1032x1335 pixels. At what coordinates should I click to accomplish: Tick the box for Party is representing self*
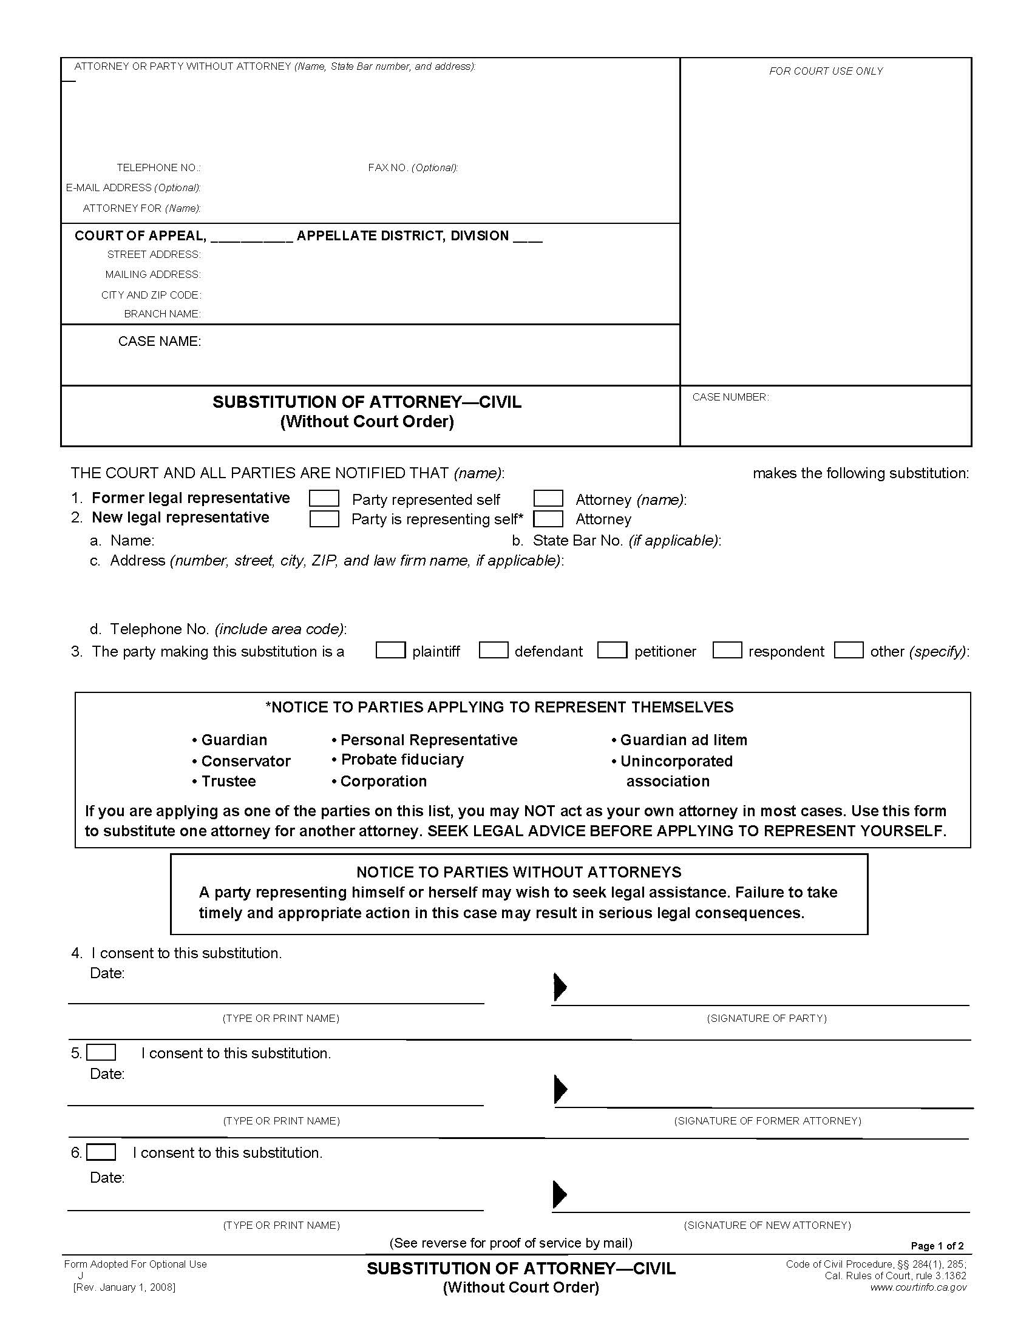324,518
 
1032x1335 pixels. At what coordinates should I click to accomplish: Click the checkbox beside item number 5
101,1053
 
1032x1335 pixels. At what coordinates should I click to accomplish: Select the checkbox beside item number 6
101,1152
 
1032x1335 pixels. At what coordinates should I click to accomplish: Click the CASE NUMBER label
730,397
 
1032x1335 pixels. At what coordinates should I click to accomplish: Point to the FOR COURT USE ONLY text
826,72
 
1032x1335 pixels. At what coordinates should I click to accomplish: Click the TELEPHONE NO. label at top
158,167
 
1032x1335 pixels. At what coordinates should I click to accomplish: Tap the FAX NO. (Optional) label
413,167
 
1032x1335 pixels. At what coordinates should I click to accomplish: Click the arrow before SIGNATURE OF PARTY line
560,987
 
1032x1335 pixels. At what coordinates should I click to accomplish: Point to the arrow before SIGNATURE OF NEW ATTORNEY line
560,1194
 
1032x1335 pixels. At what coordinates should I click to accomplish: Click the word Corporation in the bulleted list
383,781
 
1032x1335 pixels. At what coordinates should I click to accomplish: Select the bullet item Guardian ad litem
683,740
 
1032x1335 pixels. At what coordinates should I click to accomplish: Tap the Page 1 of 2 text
937,1246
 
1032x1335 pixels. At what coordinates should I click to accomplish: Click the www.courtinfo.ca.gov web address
918,1287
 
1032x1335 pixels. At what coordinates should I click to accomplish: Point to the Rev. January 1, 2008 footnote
124,1287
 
